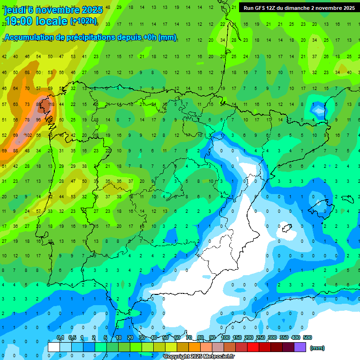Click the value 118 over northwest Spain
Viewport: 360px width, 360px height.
[x=51, y=104]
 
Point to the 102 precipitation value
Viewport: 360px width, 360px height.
[x=28, y=135]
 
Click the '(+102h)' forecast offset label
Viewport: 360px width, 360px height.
[x=83, y=21]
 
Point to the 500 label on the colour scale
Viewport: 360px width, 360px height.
[x=307, y=337]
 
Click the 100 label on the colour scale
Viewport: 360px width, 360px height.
[x=225, y=337]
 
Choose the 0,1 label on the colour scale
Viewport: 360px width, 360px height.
[x=60, y=337]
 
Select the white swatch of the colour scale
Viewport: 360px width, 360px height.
[x=54, y=347]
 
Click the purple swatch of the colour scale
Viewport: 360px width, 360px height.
[x=300, y=347]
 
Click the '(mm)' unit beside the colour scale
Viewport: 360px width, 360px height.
[x=317, y=348]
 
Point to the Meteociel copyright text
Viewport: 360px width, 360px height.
[x=199, y=356]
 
